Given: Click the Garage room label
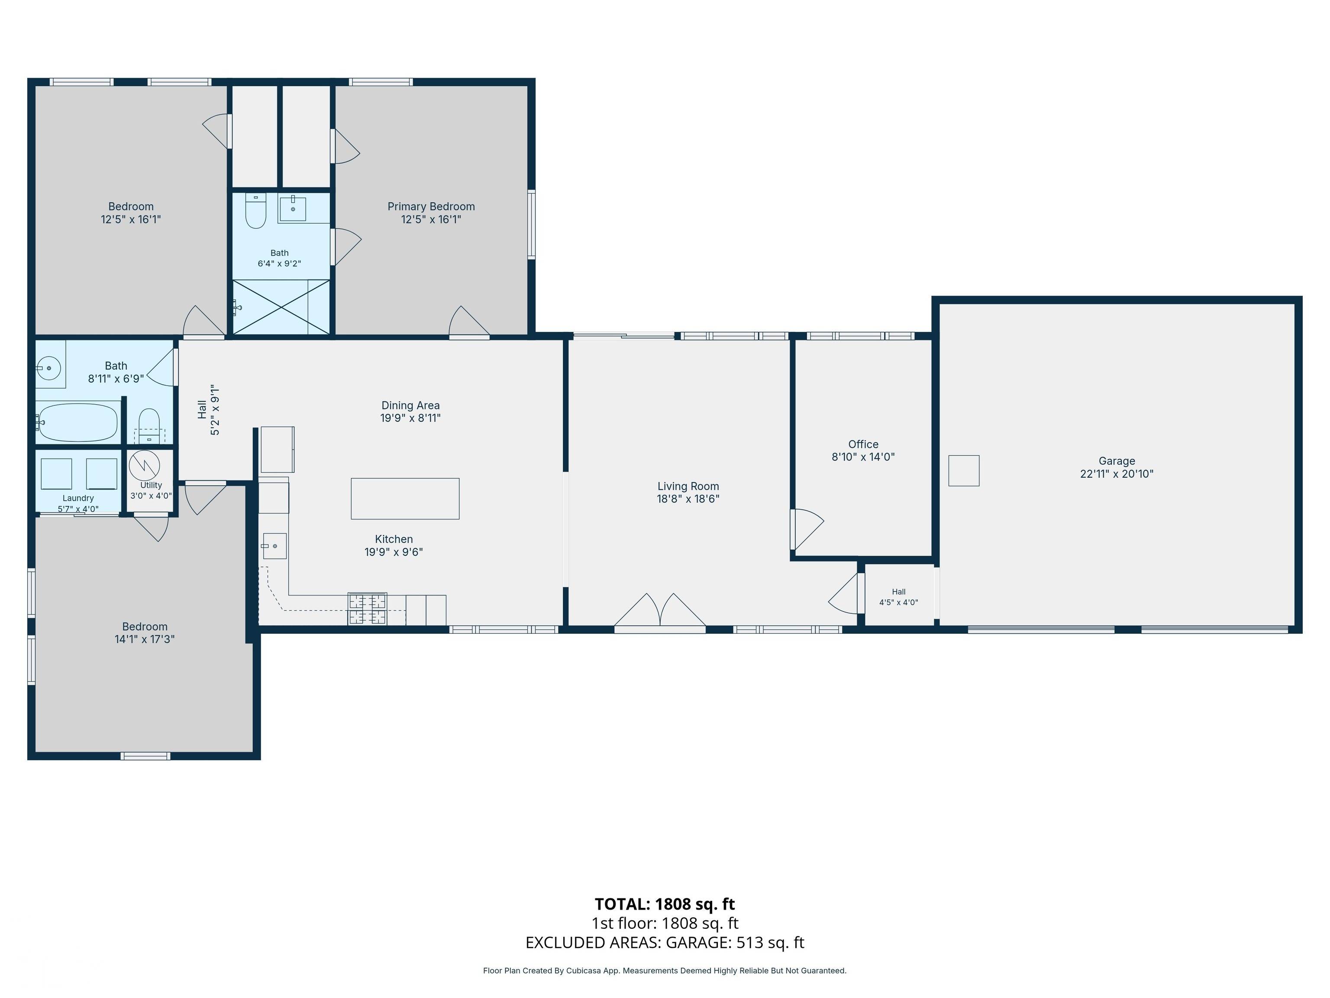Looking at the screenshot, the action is [1117, 461].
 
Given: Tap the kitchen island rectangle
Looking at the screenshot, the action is [405, 499].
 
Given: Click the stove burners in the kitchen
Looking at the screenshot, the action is [368, 609].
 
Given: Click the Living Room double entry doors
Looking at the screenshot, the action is [660, 611].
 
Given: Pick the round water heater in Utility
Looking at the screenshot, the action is [144, 466].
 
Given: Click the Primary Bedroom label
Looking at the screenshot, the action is [431, 206].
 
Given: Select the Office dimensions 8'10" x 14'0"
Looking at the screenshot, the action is [863, 457].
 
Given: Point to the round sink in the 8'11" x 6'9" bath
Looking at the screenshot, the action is [49, 368].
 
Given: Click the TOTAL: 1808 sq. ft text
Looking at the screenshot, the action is [665, 904].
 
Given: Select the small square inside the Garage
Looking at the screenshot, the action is [964, 470].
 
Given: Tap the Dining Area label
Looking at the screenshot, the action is [411, 405].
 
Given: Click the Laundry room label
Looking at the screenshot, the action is [78, 498].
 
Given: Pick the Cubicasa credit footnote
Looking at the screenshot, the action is [665, 970].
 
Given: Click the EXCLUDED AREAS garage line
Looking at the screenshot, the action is [665, 943].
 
